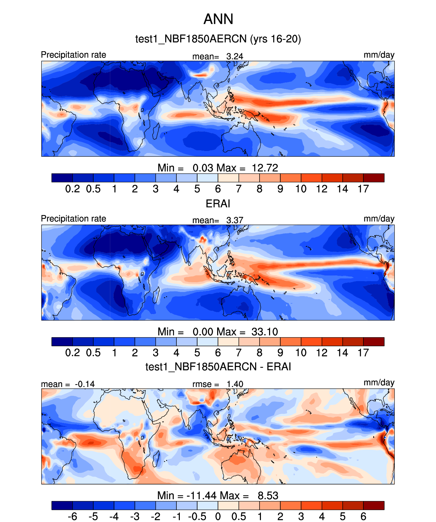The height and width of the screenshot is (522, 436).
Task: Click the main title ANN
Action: (x=218, y=19)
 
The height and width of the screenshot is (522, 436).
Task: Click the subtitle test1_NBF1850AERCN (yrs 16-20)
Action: (x=218, y=39)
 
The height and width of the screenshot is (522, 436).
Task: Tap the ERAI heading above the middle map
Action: (x=218, y=204)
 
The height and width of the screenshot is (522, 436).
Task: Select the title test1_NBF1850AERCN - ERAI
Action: (x=218, y=367)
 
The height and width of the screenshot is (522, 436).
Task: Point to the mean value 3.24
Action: (x=235, y=56)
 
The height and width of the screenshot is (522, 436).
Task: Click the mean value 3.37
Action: (x=235, y=220)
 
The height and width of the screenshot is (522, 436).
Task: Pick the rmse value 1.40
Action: (x=235, y=384)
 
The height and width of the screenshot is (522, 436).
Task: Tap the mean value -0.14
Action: (x=85, y=384)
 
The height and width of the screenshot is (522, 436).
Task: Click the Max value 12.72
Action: (x=265, y=168)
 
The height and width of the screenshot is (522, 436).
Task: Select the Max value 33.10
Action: (x=265, y=332)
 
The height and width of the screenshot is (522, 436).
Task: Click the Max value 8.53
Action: (x=268, y=496)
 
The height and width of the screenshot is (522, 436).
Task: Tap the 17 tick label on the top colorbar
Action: (x=363, y=189)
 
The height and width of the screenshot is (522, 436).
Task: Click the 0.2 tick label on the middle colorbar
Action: (x=73, y=353)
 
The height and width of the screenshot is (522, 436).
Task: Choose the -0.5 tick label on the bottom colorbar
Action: (x=197, y=517)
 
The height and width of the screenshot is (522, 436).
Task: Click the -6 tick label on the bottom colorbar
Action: (x=72, y=517)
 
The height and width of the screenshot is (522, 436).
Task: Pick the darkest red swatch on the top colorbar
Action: (x=374, y=178)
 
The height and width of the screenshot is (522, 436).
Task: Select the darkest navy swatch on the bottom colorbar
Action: (x=62, y=505)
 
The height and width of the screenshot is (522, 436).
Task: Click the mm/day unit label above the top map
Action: (x=379, y=55)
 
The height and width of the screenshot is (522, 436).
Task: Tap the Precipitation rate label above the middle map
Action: (x=74, y=219)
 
